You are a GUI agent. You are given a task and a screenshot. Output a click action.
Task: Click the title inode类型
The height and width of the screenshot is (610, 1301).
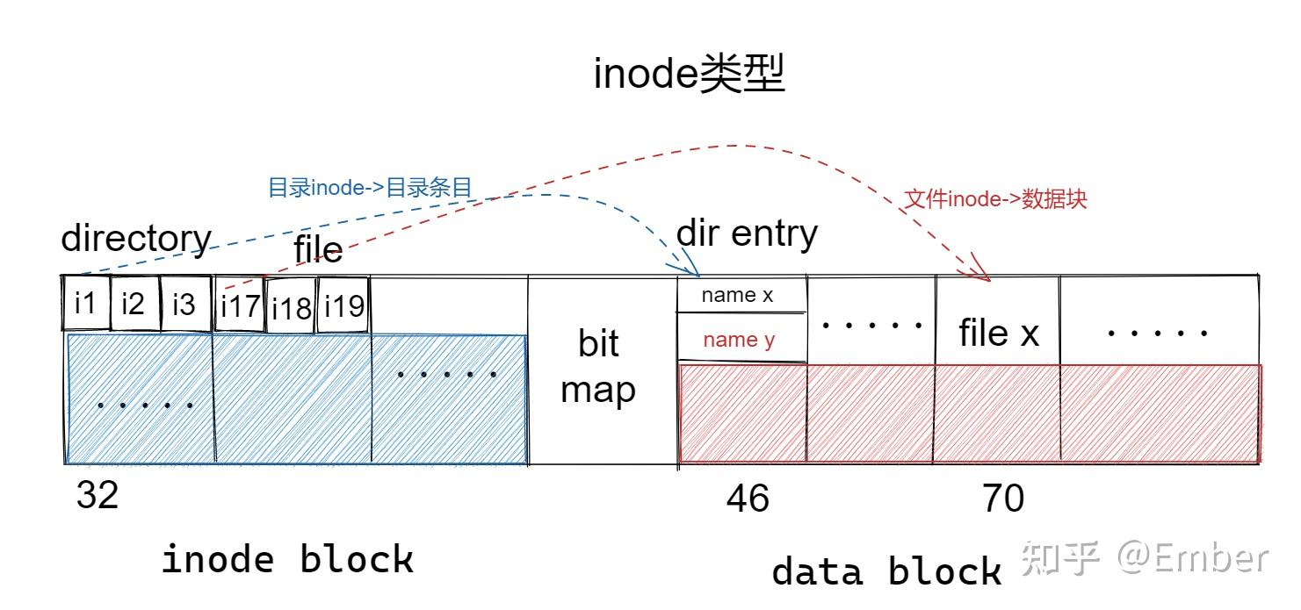click(689, 75)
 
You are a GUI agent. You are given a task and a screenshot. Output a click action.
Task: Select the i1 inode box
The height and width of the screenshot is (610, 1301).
click(85, 304)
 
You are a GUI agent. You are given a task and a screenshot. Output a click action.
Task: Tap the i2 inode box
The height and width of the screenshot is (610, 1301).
click(134, 304)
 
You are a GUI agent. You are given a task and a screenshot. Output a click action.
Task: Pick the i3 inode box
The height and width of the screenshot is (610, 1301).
click(185, 304)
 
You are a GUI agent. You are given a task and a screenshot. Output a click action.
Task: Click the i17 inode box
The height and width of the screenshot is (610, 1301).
click(240, 306)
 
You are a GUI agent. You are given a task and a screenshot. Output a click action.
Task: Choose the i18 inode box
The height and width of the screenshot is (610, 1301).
click(291, 307)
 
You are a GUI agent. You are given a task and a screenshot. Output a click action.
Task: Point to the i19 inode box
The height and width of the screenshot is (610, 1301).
click(343, 305)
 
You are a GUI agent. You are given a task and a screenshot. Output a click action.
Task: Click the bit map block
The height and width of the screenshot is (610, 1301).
click(600, 367)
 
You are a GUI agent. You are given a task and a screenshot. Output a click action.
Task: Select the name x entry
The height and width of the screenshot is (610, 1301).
click(737, 296)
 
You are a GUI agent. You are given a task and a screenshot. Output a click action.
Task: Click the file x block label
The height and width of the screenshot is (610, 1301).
click(998, 334)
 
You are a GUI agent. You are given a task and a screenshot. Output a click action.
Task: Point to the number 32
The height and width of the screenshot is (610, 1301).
click(97, 496)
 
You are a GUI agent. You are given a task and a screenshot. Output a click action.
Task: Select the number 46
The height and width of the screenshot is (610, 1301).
click(748, 499)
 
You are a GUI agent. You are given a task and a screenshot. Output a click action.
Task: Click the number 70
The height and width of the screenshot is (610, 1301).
click(1003, 499)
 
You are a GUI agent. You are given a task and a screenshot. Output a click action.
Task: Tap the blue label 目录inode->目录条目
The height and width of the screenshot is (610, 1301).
click(370, 187)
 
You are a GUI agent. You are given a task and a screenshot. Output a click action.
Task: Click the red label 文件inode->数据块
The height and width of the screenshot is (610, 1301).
click(995, 199)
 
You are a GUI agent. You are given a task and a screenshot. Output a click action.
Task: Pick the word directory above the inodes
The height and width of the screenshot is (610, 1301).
click(136, 239)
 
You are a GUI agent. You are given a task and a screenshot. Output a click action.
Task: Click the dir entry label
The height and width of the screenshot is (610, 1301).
click(747, 233)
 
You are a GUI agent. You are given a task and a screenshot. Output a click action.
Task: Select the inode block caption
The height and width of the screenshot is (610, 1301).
click(287, 559)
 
